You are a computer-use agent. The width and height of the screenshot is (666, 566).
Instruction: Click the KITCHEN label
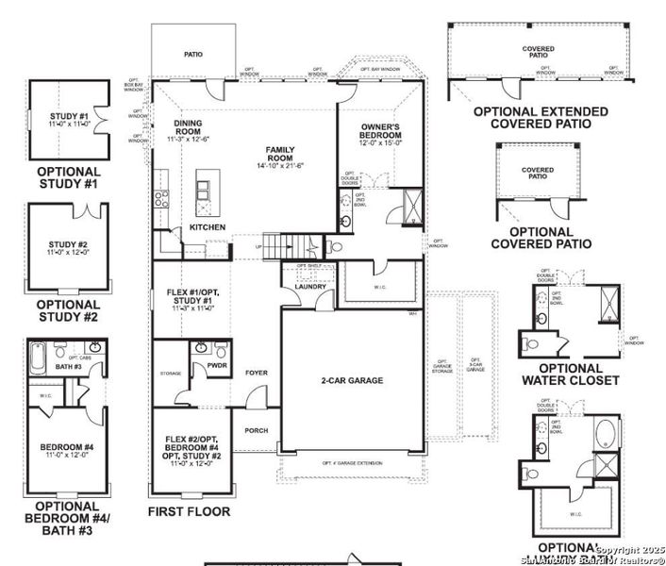[208, 227]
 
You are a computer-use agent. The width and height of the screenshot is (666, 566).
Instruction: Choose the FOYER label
[257, 373]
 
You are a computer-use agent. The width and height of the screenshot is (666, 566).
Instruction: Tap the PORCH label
[257, 431]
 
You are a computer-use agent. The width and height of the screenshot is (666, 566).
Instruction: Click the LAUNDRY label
[310, 287]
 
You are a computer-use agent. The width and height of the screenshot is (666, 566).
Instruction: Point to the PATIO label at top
[193, 55]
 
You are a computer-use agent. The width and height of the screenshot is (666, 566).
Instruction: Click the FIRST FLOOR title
[189, 512]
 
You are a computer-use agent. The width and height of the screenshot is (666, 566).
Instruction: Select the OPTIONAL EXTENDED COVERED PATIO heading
[540, 117]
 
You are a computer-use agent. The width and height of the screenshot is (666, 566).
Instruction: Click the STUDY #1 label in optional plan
[67, 118]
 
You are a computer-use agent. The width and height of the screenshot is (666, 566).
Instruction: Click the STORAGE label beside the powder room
[170, 374]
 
